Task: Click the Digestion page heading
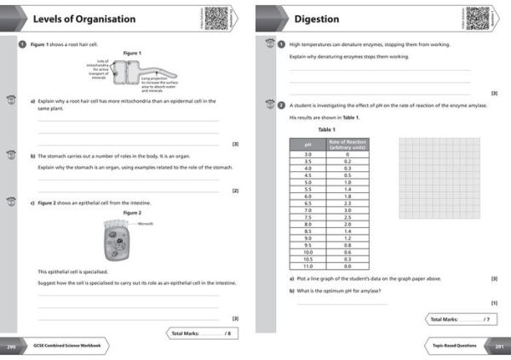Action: [317, 19]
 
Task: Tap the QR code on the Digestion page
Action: [477, 17]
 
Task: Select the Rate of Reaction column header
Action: [347, 144]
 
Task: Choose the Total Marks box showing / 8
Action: [200, 333]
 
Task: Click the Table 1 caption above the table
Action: [327, 129]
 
